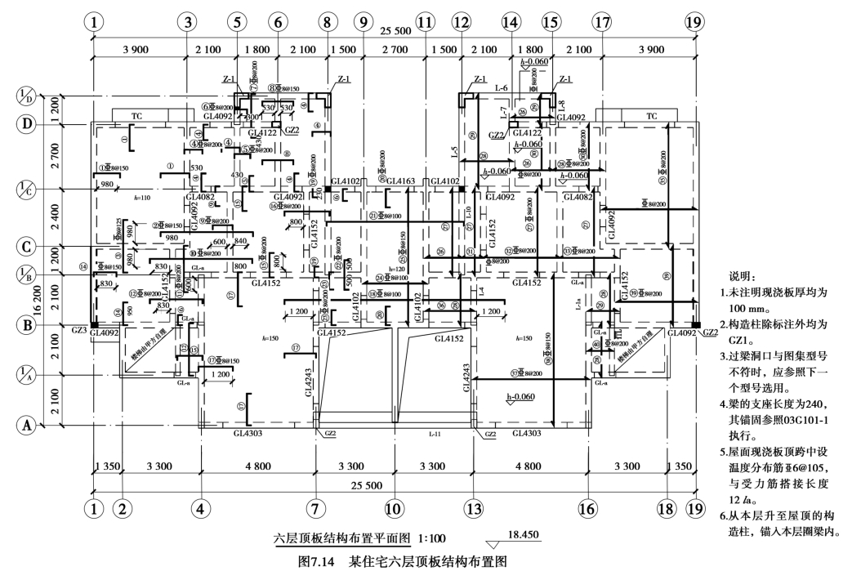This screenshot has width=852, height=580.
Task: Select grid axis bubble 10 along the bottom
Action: [395, 508]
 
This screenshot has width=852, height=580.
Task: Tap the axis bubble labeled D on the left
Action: [27, 124]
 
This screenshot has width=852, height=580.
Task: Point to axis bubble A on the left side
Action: [27, 425]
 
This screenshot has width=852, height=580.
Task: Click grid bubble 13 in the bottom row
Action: [472, 508]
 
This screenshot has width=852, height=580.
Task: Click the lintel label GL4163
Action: [400, 181]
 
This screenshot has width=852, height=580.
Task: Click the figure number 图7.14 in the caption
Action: [320, 562]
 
